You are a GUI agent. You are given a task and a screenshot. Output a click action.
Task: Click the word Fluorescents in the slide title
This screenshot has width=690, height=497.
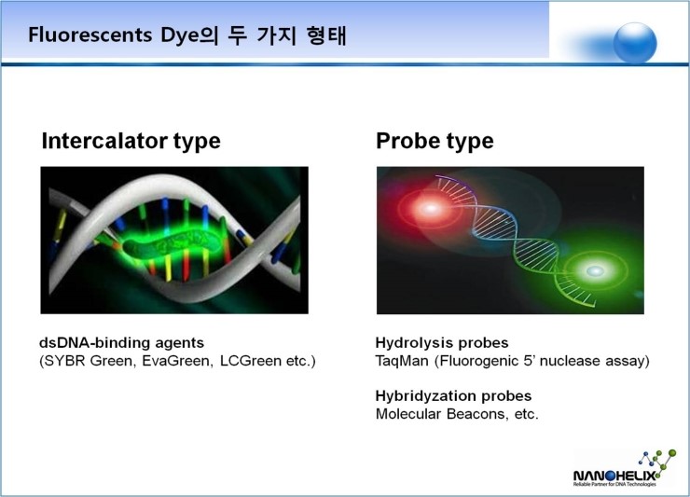(90, 35)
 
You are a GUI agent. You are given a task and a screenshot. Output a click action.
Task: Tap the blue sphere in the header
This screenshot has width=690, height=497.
(635, 42)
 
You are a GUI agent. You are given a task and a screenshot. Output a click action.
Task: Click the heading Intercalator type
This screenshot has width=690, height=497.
(131, 142)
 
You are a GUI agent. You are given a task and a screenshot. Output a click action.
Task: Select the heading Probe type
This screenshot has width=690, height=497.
(435, 142)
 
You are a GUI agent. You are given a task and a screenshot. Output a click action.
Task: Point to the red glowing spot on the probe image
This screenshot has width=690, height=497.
(430, 208)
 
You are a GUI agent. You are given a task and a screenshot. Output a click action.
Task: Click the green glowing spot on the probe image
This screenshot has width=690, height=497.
(595, 270)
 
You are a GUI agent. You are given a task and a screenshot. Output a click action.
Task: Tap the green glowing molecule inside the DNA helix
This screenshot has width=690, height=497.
(172, 243)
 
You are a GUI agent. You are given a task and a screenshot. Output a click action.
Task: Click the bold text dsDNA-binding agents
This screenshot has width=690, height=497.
(121, 342)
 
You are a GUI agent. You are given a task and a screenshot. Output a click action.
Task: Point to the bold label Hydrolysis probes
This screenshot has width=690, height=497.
(442, 342)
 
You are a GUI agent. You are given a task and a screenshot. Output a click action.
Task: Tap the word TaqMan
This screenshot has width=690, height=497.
(402, 361)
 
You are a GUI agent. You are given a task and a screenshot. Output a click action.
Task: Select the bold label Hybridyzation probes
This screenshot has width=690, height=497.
(453, 395)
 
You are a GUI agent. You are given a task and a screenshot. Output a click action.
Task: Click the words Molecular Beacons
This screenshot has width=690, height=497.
(440, 414)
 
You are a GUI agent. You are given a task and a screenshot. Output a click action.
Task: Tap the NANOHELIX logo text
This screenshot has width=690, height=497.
(614, 476)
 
